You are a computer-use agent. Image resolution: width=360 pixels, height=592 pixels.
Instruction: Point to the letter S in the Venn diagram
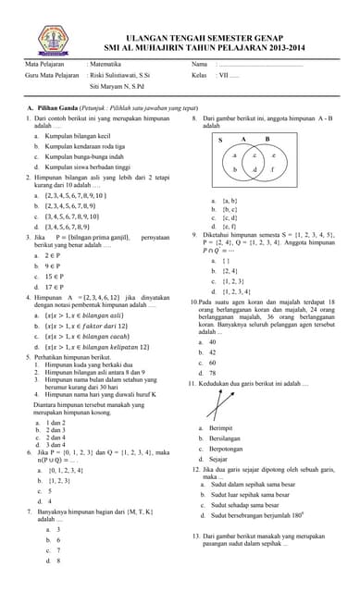pyautogui.click(x=220, y=141)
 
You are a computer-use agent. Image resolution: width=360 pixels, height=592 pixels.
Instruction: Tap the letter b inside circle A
pyautogui.click(x=235, y=170)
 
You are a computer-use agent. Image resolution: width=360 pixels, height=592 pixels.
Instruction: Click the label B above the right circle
pyautogui.click(x=267, y=140)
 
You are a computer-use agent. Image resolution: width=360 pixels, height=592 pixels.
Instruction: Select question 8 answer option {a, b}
pyautogui.click(x=230, y=201)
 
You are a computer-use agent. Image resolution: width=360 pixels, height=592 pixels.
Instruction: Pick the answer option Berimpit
pyautogui.click(x=221, y=428)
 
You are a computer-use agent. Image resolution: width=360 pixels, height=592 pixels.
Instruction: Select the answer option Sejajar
pyautogui.click(x=219, y=459)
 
